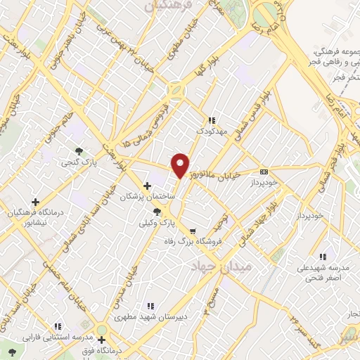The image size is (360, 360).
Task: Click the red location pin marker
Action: point(180,165)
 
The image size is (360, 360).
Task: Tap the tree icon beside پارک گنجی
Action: point(79,150)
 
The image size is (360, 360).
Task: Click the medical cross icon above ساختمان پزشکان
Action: point(147,186)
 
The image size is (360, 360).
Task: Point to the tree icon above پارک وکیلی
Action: point(166,211)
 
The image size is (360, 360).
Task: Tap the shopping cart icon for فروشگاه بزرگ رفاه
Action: point(192,231)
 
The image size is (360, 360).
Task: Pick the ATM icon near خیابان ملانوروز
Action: point(264,171)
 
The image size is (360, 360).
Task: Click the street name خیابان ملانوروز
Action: point(222,172)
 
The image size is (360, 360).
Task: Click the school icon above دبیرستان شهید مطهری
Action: point(149,306)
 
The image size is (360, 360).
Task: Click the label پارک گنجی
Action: point(99,161)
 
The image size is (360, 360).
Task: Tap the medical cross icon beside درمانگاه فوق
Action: point(101,330)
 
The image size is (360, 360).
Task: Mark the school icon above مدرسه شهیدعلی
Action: point(322,257)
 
